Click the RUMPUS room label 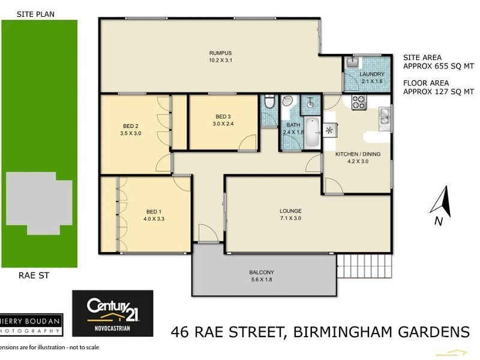[x=220, y=52]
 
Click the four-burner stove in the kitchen [x=359, y=103]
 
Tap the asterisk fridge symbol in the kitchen [x=329, y=130]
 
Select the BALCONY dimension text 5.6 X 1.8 [x=262, y=280]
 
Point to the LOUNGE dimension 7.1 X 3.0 [x=290, y=218]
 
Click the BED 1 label [x=154, y=211]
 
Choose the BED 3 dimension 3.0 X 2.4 [x=223, y=124]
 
